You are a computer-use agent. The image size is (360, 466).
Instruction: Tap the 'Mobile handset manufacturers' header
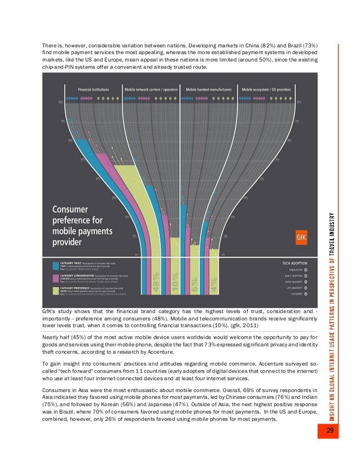[208, 89]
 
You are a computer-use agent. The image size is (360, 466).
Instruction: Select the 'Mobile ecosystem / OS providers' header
[267, 89]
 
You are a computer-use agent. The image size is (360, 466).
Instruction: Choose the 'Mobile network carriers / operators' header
[151, 89]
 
